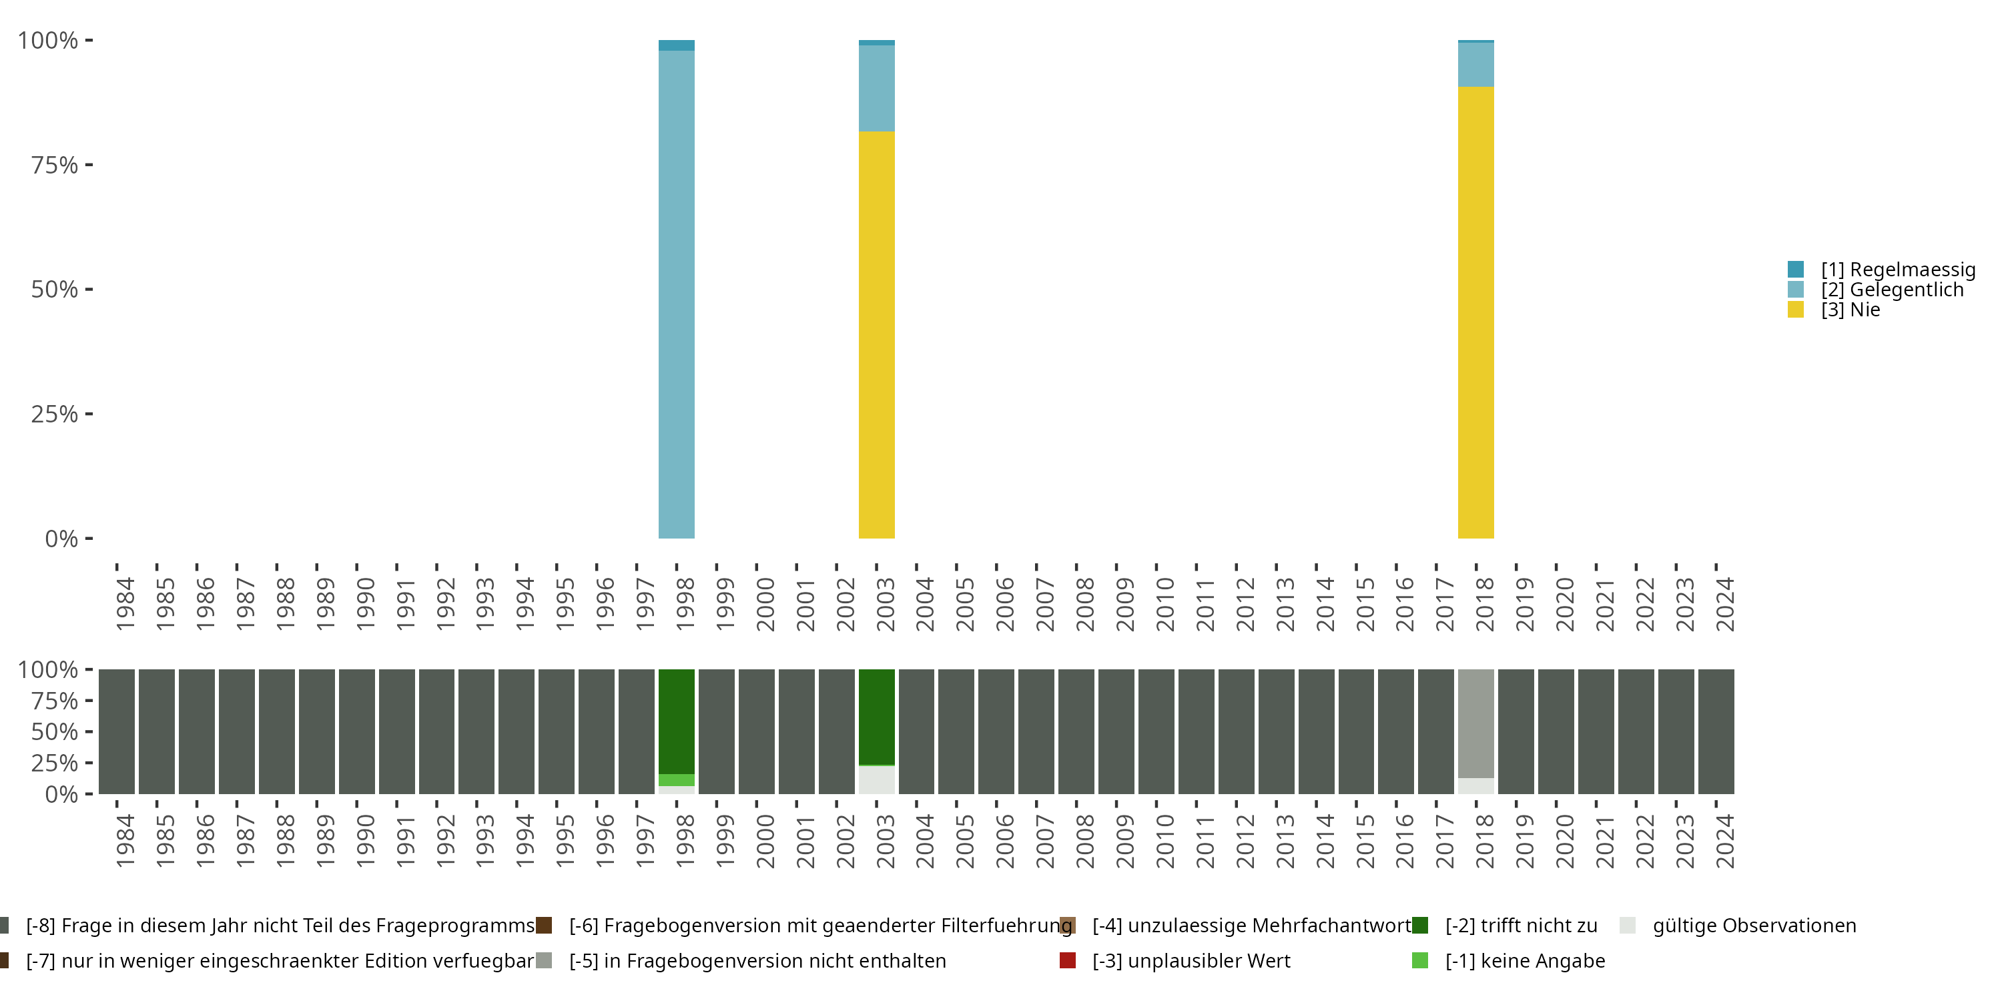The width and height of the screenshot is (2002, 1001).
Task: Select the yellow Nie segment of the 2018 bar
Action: [1475, 311]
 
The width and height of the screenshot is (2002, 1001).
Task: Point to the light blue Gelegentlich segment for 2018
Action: [1475, 65]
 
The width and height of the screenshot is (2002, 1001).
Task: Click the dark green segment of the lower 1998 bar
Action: [676, 721]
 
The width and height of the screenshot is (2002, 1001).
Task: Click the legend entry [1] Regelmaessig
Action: [1897, 270]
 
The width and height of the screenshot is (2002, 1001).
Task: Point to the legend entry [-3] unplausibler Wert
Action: [1191, 960]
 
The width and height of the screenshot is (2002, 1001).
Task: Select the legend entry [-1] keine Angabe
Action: [1524, 960]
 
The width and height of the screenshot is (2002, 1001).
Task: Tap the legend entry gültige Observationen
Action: [1752, 926]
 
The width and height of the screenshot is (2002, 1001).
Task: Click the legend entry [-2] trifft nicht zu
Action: [1520, 926]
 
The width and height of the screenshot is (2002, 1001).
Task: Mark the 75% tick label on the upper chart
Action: [55, 165]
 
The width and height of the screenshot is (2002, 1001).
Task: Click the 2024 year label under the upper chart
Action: [1724, 604]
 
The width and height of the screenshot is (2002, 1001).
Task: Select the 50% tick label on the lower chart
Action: [55, 731]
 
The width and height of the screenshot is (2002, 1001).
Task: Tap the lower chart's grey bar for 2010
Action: [1156, 731]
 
